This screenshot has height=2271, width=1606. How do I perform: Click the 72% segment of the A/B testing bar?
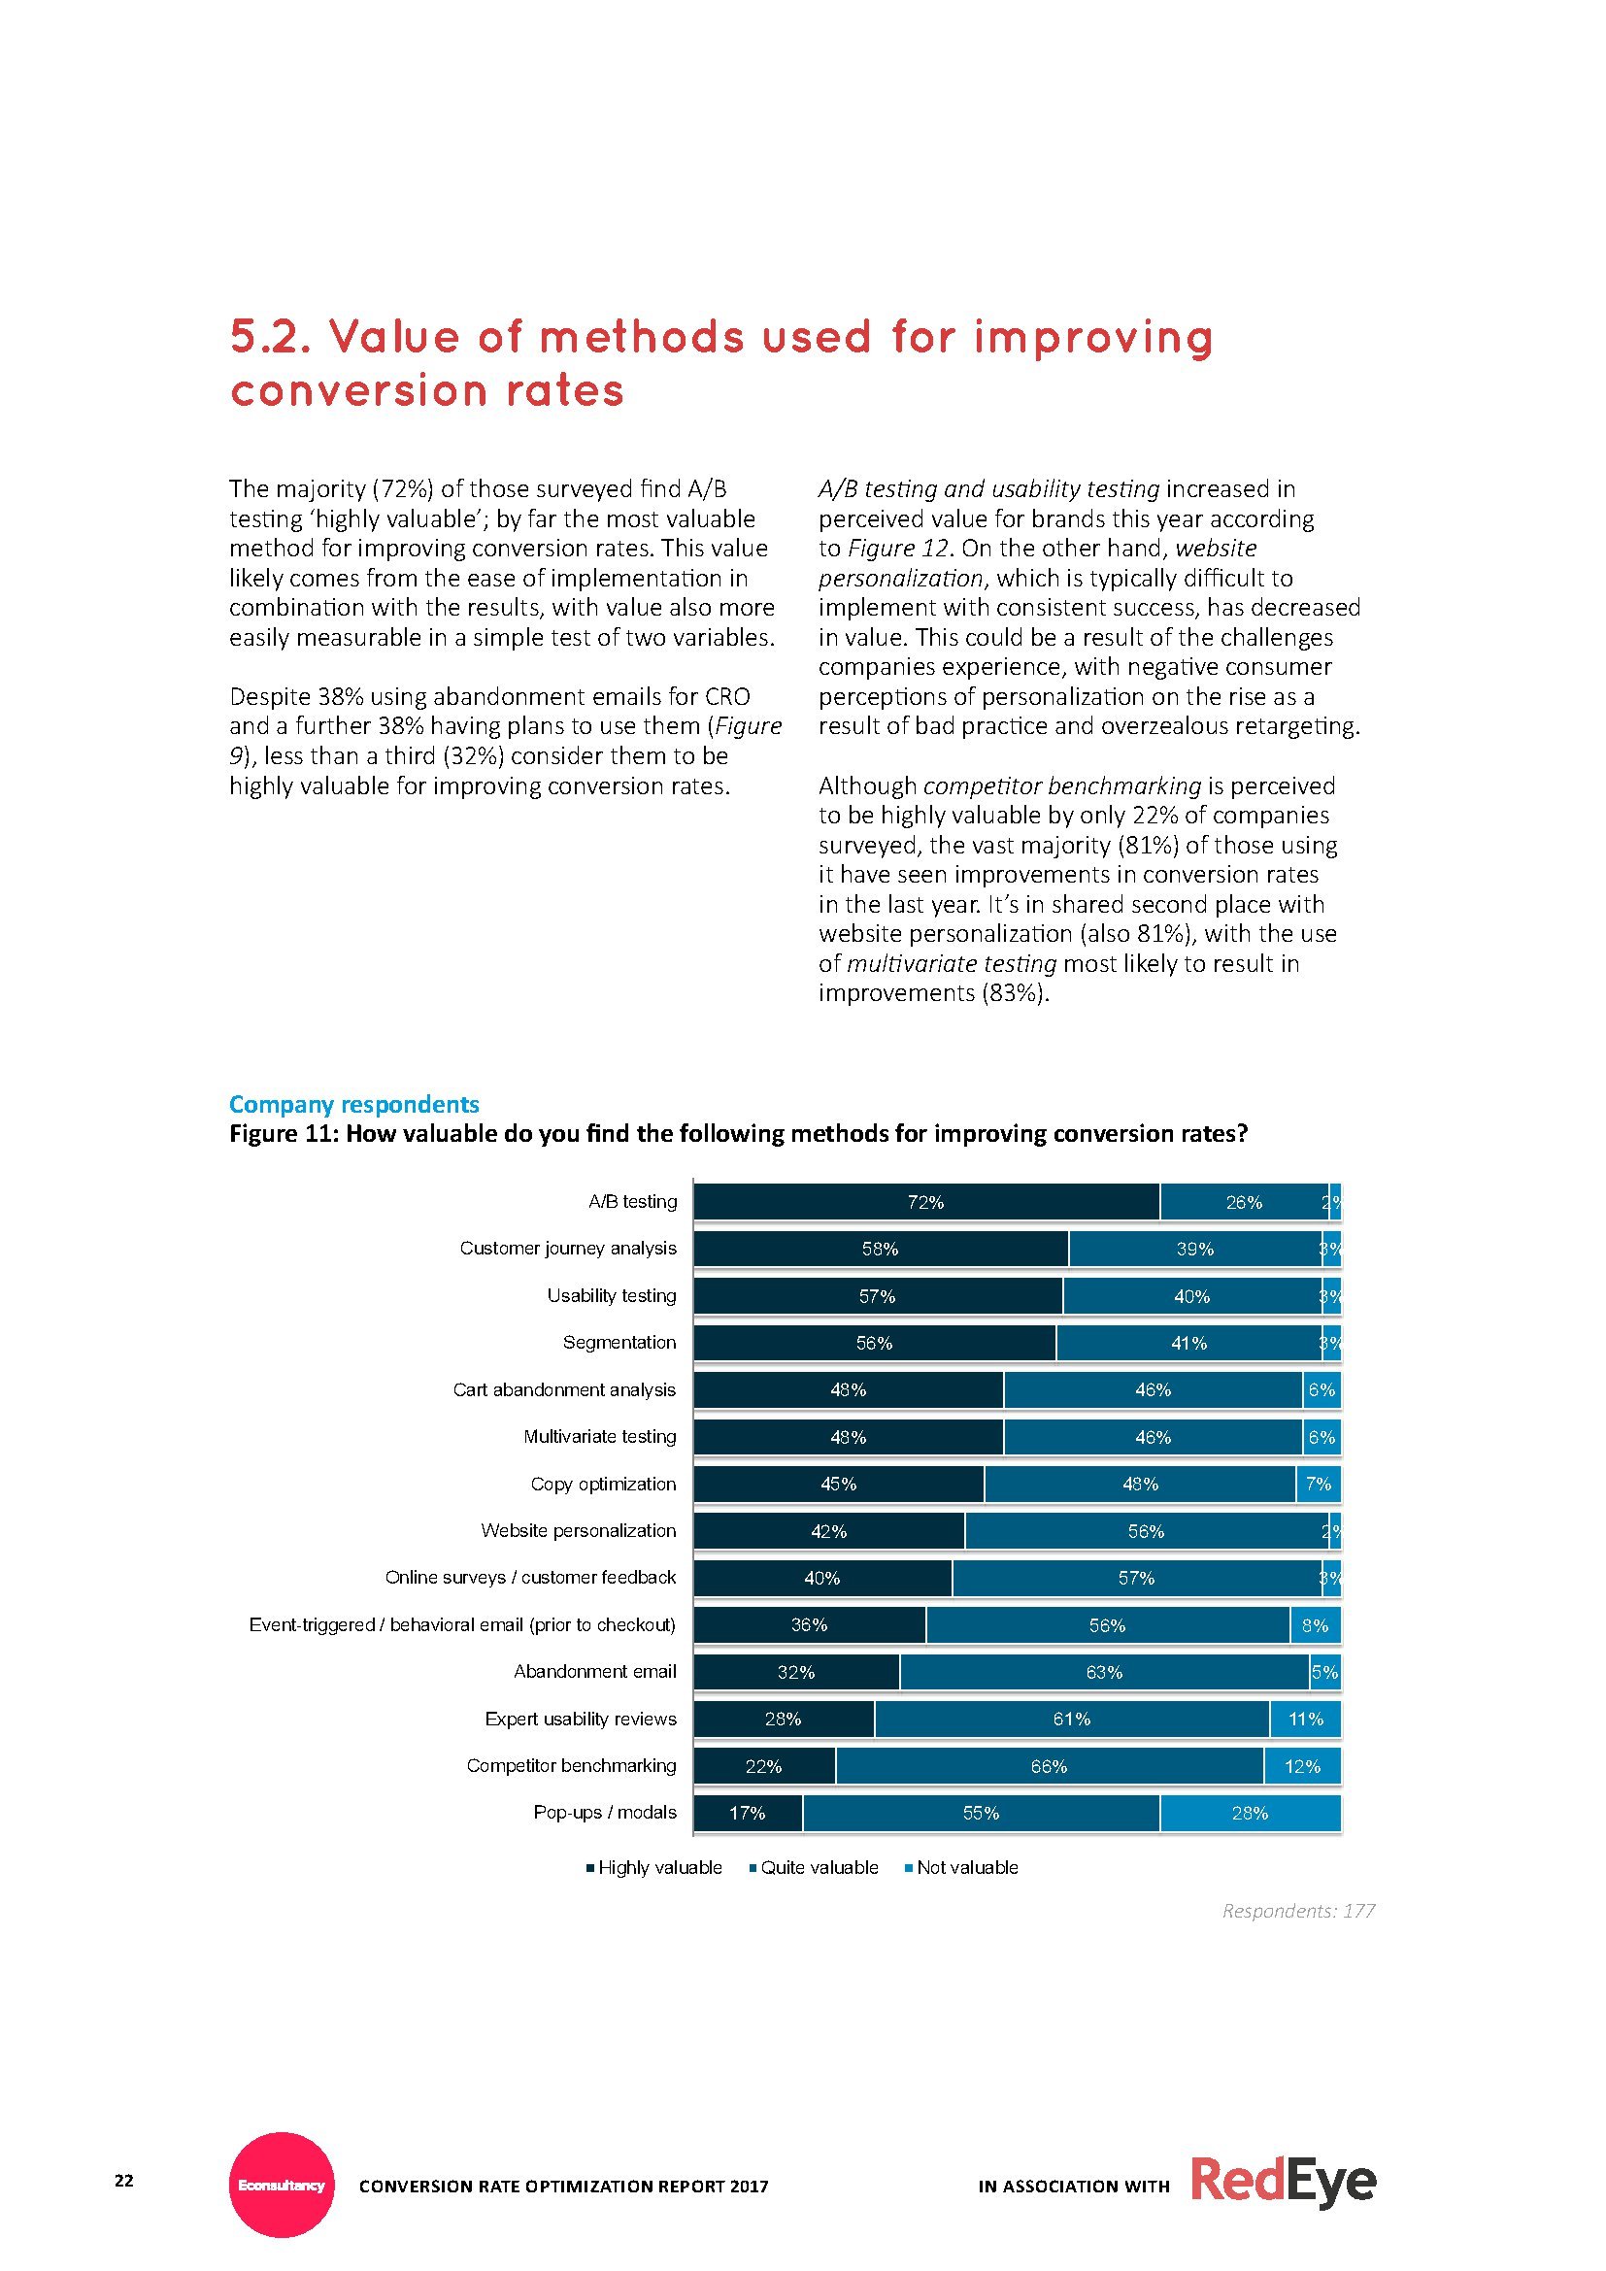[925, 1202]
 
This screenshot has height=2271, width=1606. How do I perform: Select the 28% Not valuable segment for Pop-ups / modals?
[1250, 1813]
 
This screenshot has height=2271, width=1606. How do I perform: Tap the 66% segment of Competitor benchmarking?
[1049, 1766]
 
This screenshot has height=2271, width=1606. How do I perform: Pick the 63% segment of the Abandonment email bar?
[1104, 1673]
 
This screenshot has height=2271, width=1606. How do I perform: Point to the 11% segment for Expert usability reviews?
[1305, 1720]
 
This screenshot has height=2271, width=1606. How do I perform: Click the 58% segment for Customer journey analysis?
[880, 1250]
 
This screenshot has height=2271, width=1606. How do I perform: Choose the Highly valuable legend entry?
[653, 1867]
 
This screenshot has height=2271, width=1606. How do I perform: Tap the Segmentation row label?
[619, 1342]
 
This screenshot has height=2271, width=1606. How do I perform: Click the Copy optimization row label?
[603, 1484]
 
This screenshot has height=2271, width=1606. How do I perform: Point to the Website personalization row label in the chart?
[579, 1530]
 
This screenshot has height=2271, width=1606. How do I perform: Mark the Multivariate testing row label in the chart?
[599, 1436]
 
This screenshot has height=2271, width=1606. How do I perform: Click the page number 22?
[123, 2181]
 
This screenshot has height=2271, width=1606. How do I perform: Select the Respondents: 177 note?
[1298, 1911]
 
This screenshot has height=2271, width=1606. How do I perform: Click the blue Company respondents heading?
[354, 1105]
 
